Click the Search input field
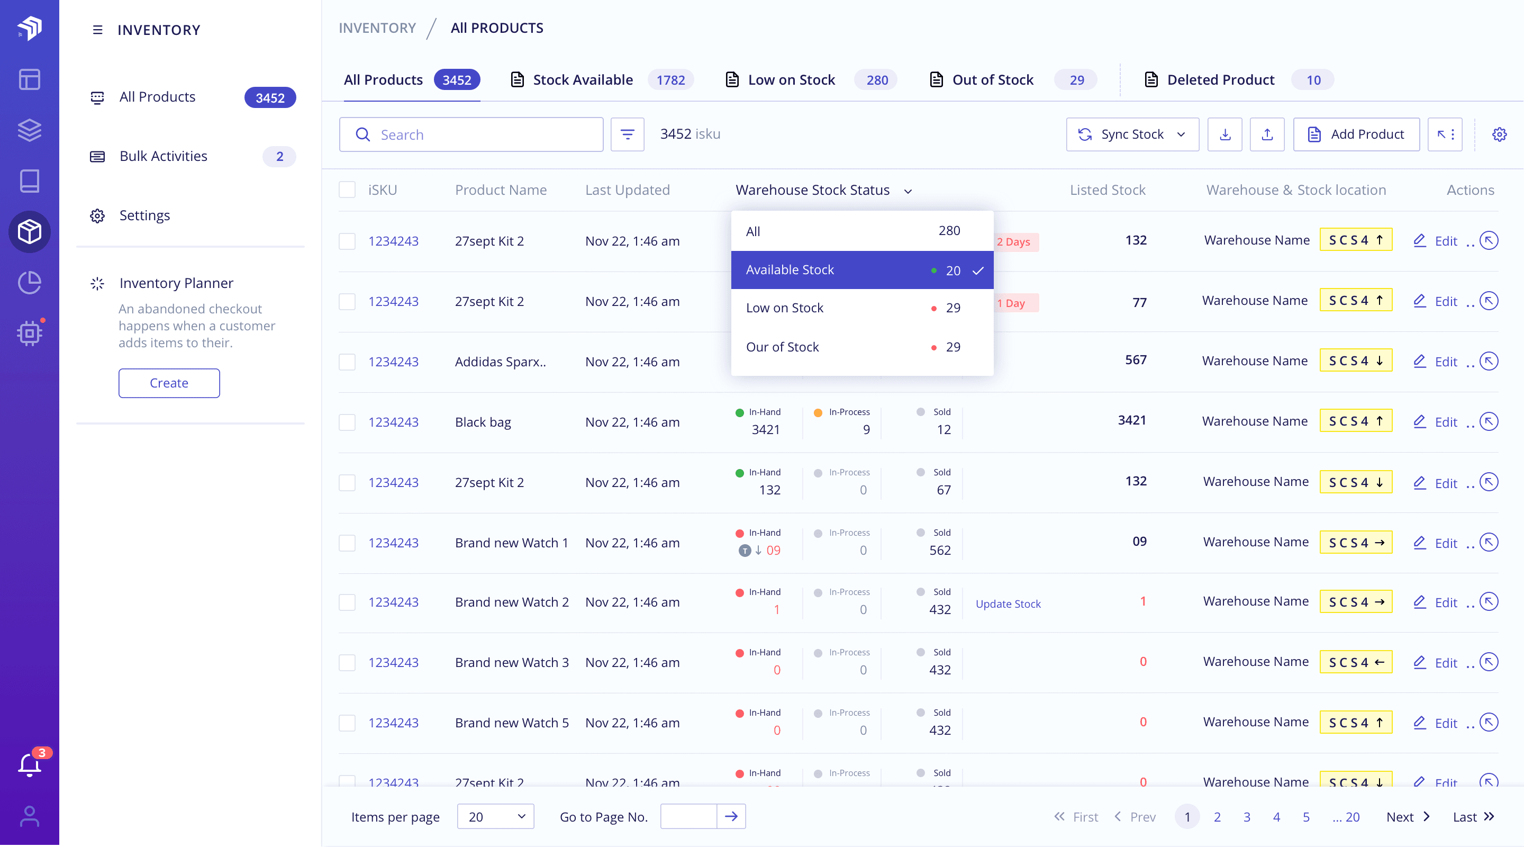coord(479,134)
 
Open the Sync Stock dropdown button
coord(1132,134)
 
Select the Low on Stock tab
coord(791,80)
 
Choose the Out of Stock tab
coord(992,80)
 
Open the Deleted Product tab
coord(1220,80)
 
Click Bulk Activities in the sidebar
coord(164,156)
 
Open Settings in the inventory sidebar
coord(144,215)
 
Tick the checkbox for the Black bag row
coord(347,422)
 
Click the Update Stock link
coord(1008,603)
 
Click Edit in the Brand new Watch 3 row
coord(1445,663)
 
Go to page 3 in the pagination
coord(1247,817)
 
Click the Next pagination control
coord(1407,817)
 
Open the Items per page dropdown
coord(495,817)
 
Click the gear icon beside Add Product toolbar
coord(1499,134)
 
